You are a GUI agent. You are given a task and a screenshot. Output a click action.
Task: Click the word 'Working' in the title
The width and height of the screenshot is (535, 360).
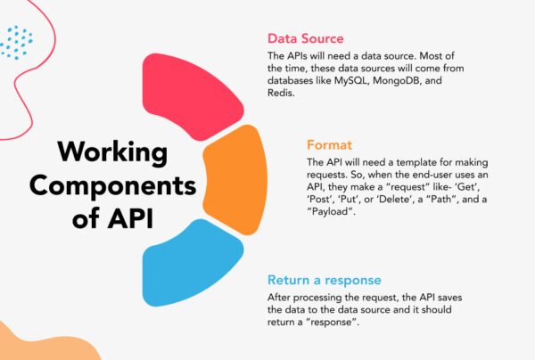(x=106, y=151)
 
